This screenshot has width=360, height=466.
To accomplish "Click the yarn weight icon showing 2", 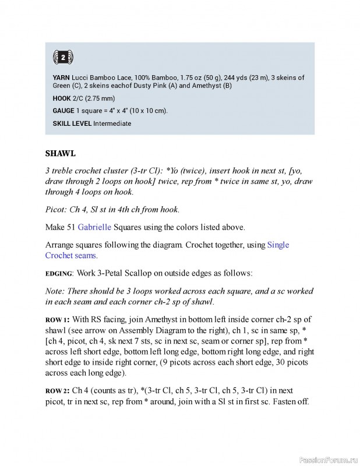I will click(63, 57).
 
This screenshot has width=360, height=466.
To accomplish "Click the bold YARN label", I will click(62, 77).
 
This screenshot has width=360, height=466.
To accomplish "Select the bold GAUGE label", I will click(63, 111).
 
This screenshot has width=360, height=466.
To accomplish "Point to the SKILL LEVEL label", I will click(72, 123).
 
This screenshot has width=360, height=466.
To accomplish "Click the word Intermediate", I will click(112, 123).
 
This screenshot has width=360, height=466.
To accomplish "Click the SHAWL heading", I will click(61, 154).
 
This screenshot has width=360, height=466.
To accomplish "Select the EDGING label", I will click(59, 273).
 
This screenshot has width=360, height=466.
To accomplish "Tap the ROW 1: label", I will click(57, 319).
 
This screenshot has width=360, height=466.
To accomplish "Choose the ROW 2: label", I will click(58, 390).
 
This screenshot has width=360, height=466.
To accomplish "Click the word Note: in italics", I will click(55, 291).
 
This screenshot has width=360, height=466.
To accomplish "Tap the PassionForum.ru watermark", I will click(327, 460).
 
